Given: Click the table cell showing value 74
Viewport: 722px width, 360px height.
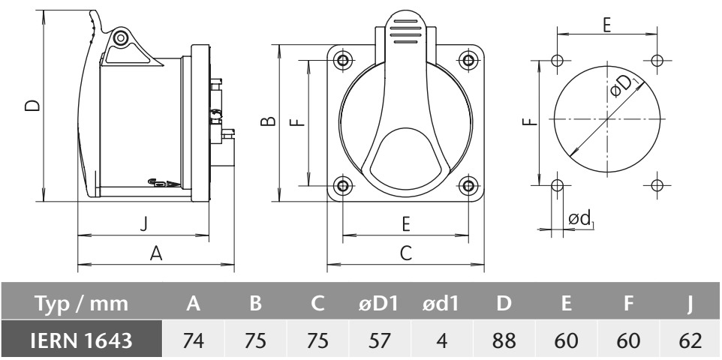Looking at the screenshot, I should pos(194,340).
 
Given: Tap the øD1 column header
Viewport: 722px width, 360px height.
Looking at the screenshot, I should pos(381,304).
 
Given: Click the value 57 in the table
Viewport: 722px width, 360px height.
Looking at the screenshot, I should pos(381,340).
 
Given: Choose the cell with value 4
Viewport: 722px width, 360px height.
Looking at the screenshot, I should pos(442,340).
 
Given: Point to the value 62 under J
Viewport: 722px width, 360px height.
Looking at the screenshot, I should pos(689,340).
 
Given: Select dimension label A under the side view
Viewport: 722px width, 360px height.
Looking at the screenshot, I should pos(156,253).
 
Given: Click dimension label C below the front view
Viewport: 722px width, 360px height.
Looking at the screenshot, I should pos(405,253).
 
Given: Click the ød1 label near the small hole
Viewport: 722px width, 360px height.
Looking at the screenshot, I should pos(581,218).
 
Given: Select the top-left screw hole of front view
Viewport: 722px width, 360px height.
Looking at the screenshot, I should pos(343,60).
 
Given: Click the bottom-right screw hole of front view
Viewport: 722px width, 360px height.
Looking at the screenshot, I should pos(468,185).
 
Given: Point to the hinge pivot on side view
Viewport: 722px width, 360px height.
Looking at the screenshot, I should pos(121,37).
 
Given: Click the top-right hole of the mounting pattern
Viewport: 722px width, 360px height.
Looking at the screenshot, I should pos(657,60).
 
